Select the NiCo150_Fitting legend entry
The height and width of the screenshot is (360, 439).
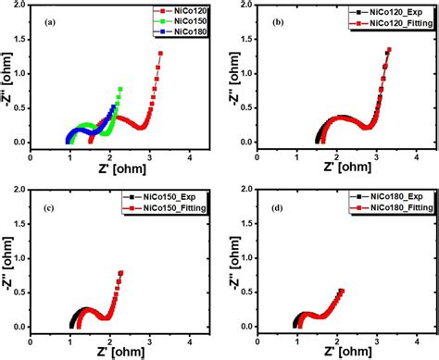[169, 209]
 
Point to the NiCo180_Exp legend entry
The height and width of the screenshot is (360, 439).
[389, 198]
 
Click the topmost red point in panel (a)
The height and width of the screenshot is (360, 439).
[160, 54]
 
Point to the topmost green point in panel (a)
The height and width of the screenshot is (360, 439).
[120, 89]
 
